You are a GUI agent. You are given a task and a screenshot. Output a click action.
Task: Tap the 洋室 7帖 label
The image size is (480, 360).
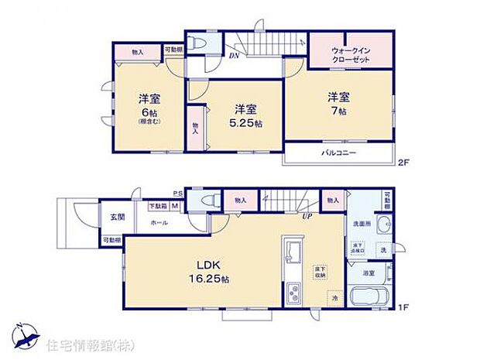336,105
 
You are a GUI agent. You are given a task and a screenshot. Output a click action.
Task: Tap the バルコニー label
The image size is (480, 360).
339,153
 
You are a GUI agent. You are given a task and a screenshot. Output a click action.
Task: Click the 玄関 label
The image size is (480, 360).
113,217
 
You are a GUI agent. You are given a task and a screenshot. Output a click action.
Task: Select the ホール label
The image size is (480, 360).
159,222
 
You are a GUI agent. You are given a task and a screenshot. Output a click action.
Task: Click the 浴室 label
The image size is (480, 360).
370,273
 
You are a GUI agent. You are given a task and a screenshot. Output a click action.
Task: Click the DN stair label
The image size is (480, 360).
233,54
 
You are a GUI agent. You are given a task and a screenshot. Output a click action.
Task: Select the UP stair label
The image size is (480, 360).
307,216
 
